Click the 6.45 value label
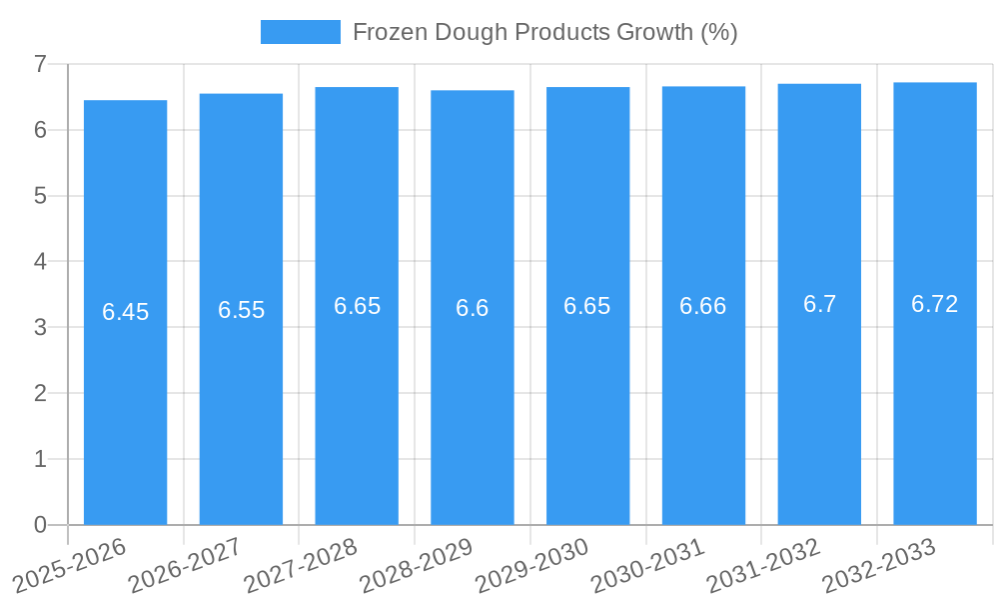point(125,312)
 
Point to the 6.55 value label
point(241,310)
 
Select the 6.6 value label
point(473,308)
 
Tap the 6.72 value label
point(935,304)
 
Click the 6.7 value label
point(819,304)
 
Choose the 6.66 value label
point(703,306)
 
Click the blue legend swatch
point(300,32)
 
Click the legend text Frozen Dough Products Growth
point(544,32)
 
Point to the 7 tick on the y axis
point(40,64)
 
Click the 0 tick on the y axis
point(40,525)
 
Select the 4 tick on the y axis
point(40,261)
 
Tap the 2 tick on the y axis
point(40,393)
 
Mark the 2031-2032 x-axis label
point(763,566)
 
